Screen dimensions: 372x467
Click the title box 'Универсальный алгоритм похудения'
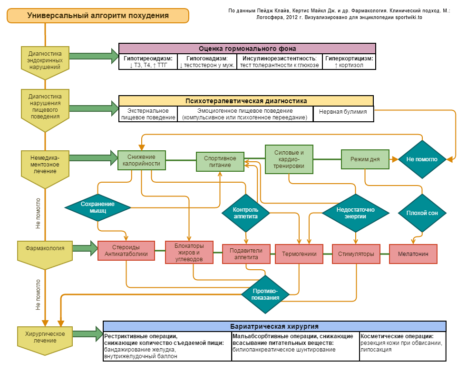pyautogui.click(x=97, y=16)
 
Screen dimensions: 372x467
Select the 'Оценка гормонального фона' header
pyautogui.click(x=247, y=49)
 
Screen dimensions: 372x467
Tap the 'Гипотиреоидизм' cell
pyautogui.click(x=147, y=62)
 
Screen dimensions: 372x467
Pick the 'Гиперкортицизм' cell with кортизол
pyautogui.click(x=349, y=62)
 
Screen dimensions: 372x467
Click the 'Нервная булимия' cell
pyautogui.click(x=343, y=112)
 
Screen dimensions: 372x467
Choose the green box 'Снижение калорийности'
pyautogui.click(x=142, y=160)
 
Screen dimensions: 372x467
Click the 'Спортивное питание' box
pyautogui.click(x=220, y=162)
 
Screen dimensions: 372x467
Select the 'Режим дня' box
pyautogui.click(x=365, y=159)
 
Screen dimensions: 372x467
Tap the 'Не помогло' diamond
pyautogui.click(x=421, y=159)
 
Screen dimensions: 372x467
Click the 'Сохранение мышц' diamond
pyautogui.click(x=97, y=207)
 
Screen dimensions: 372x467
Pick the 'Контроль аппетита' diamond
pyautogui.click(x=245, y=213)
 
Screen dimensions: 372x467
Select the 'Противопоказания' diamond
pyautogui.click(x=265, y=294)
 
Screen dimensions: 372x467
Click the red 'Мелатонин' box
pyautogui.click(x=413, y=254)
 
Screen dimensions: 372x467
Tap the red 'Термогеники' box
pyautogui.click(x=299, y=254)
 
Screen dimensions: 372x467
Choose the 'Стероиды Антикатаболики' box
pyautogui.click(x=126, y=251)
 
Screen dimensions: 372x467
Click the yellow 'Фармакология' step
pyautogui.click(x=45, y=248)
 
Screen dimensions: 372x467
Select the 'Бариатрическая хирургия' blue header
pyautogui.click(x=274, y=326)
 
